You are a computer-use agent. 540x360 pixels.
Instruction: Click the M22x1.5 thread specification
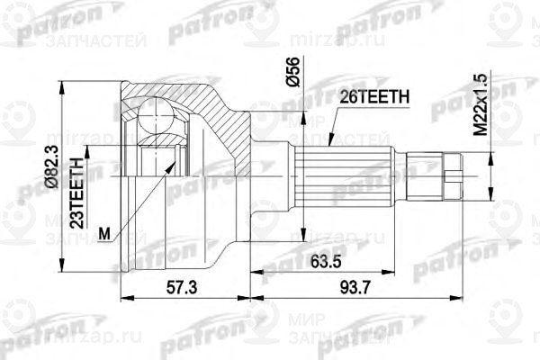point(488,103)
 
